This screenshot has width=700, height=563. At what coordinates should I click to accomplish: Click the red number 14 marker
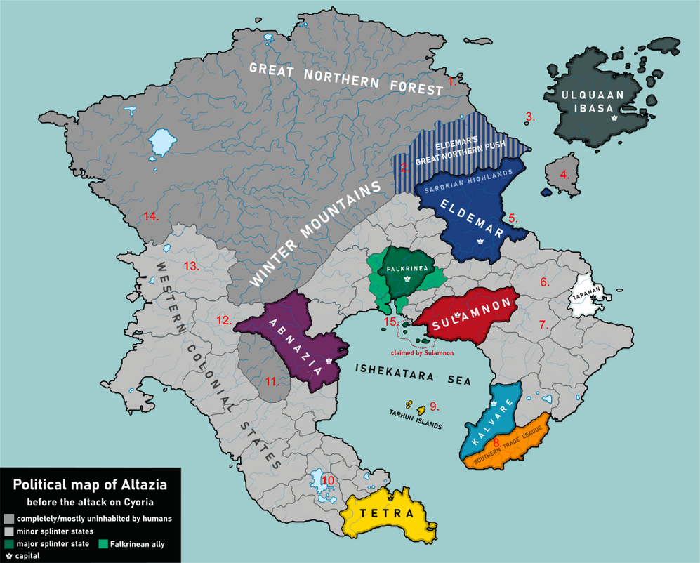pyautogui.click(x=151, y=216)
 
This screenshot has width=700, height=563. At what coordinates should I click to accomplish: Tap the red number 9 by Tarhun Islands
pyautogui.click(x=434, y=406)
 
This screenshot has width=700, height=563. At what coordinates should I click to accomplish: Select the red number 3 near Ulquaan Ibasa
pyautogui.click(x=530, y=117)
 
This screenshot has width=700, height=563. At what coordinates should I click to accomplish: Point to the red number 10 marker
pyautogui.click(x=329, y=480)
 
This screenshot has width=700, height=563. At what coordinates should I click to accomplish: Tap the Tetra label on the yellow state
pyautogui.click(x=387, y=514)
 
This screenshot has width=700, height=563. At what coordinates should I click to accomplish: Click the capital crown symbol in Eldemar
pyautogui.click(x=481, y=241)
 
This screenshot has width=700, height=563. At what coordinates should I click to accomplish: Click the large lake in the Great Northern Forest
pyautogui.click(x=161, y=143)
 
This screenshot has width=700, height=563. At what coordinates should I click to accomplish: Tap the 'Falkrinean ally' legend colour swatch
pyautogui.click(x=103, y=544)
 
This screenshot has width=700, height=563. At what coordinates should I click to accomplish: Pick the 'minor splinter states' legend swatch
pyautogui.click(x=8, y=531)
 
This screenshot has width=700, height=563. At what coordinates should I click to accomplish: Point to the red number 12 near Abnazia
pyautogui.click(x=224, y=320)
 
